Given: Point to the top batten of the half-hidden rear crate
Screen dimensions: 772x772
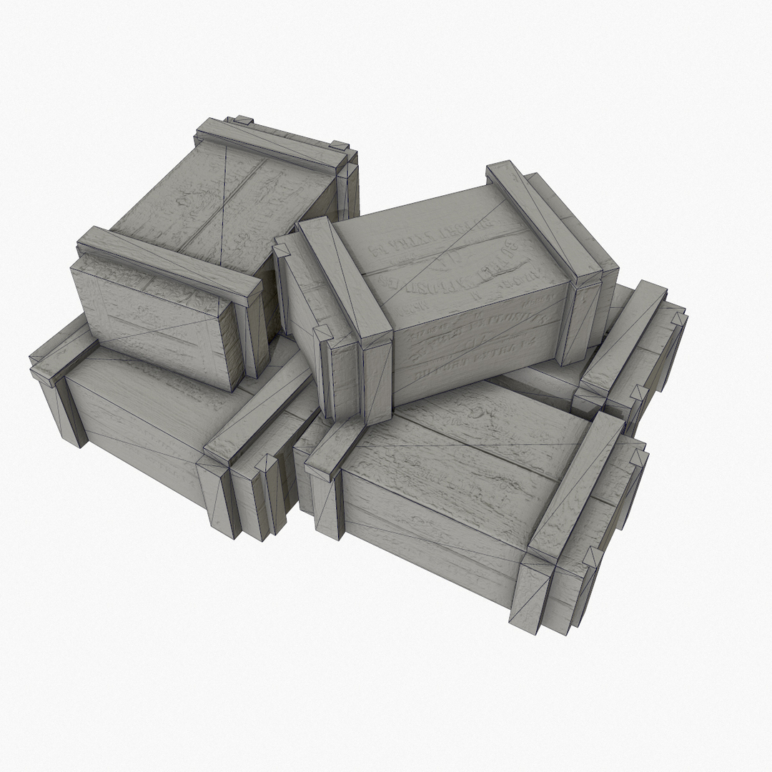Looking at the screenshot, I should coord(622,336).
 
